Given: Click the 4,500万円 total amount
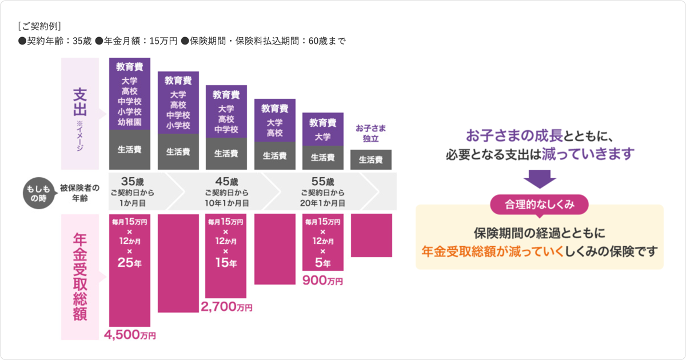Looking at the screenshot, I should click(130, 335).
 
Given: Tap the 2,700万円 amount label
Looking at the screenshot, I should click(226, 307).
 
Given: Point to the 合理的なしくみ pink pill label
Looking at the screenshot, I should click(539, 204).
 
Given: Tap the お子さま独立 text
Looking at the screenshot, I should click(370, 133).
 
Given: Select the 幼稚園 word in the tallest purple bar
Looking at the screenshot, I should click(130, 122).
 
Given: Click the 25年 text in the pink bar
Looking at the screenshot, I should click(130, 263).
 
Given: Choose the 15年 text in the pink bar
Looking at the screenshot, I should click(226, 263).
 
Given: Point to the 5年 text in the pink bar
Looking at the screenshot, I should click(322, 263).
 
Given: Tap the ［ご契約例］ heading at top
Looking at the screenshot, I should click(39, 26).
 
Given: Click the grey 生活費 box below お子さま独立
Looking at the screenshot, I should click(370, 160).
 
